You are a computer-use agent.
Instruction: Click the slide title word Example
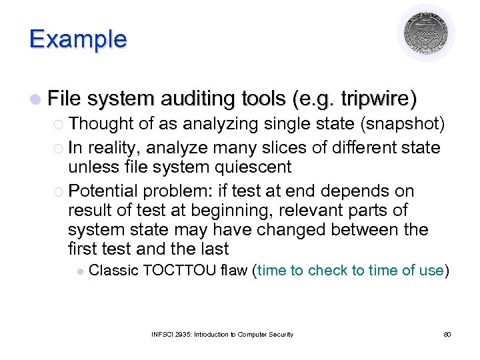pyautogui.click(x=77, y=39)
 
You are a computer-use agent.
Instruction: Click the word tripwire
pyautogui.click(x=377, y=100)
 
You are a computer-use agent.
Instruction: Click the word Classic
pyautogui.click(x=113, y=270)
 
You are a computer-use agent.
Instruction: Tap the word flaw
pyautogui.click(x=234, y=270)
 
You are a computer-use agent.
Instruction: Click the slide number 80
pyautogui.click(x=447, y=334)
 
